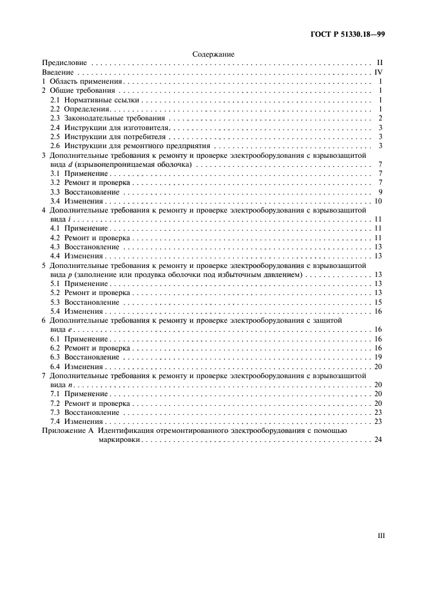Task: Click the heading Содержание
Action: pyautogui.click(x=213, y=55)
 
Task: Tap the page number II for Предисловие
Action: pyautogui.click(x=380, y=64)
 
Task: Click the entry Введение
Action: pyautogui.click(x=57, y=73)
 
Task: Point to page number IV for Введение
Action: pyautogui.click(x=380, y=73)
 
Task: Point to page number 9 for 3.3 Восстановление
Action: pyautogui.click(x=382, y=192)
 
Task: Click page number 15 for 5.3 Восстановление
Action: pyautogui.click(x=380, y=302)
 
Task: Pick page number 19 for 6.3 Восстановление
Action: pyautogui.click(x=380, y=357)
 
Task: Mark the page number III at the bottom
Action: pyautogui.click(x=380, y=535)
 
